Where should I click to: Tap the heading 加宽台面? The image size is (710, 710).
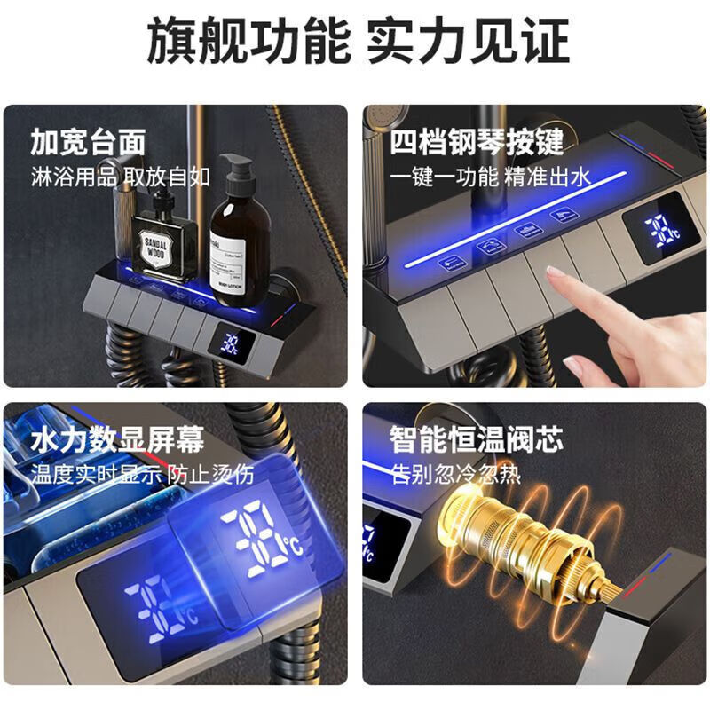pos(88,142)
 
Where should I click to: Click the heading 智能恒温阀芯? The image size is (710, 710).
pos(476,439)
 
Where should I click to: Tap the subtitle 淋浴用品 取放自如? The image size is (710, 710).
pos(120,176)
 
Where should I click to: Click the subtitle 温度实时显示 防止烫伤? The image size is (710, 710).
pos(142,474)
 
